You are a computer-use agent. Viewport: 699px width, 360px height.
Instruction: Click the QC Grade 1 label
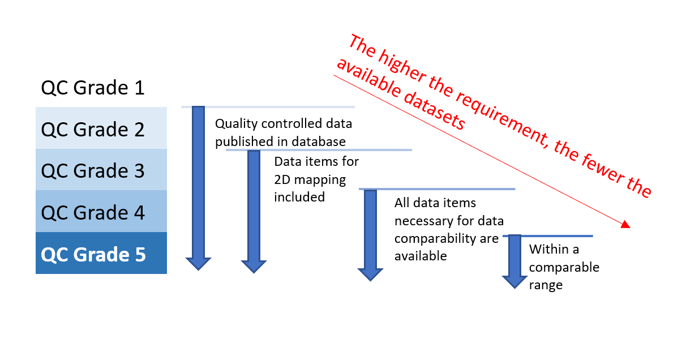[x=93, y=88]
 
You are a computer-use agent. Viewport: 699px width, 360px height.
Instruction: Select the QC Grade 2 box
[x=101, y=128]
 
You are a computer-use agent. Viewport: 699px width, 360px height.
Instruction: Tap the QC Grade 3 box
[x=101, y=170]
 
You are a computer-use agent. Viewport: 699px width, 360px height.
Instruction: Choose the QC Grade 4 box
[x=101, y=212]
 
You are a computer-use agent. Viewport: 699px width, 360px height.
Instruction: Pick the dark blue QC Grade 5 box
[x=101, y=254]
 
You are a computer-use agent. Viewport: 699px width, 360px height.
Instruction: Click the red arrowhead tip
[x=629, y=227]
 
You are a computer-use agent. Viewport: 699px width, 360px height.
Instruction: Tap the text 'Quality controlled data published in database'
[x=283, y=132]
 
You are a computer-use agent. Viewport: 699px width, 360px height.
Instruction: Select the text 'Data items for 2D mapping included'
[x=316, y=179]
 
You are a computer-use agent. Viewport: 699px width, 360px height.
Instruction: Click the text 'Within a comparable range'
[x=564, y=267]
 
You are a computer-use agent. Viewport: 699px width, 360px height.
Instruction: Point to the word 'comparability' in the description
[x=433, y=238]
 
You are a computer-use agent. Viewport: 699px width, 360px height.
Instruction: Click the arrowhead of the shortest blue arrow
[x=514, y=281]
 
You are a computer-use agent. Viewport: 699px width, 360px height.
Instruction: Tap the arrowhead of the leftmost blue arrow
[x=198, y=263]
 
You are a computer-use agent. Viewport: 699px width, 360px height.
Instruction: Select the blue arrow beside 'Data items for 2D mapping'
[x=254, y=209]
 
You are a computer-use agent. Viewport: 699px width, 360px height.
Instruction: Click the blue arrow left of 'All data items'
[x=370, y=232]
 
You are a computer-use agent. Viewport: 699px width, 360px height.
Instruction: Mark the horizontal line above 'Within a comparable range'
[x=548, y=235]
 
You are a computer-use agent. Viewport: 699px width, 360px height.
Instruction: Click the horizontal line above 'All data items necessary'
[x=437, y=189]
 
